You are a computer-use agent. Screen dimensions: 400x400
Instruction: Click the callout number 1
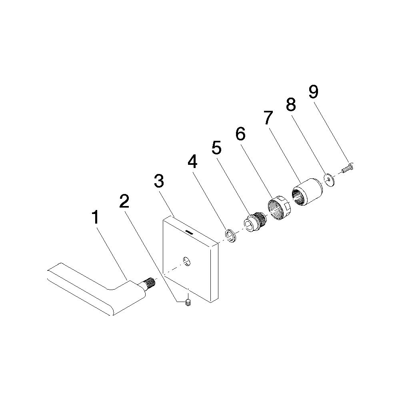[96, 217]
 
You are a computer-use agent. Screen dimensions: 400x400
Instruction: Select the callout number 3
[159, 181]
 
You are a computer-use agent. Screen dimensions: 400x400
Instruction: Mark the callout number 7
[268, 118]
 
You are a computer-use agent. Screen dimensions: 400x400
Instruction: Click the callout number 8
[291, 104]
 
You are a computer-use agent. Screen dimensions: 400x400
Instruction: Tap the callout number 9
[314, 92]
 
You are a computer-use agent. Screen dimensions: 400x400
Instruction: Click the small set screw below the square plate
[188, 303]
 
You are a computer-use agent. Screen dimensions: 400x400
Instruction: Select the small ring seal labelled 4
[231, 236]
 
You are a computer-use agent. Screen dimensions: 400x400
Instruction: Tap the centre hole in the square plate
[187, 261]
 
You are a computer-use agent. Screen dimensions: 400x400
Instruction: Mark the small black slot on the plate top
[189, 232]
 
